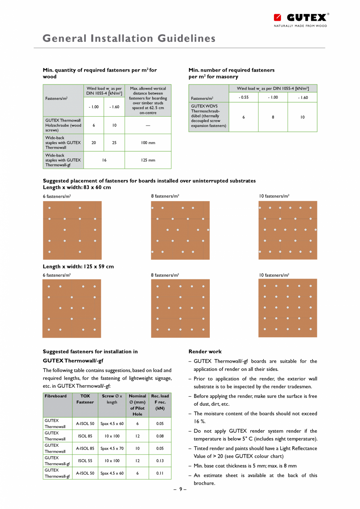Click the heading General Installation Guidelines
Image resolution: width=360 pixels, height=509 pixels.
pos(129,38)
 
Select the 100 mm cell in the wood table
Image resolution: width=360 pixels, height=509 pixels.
pos(148,143)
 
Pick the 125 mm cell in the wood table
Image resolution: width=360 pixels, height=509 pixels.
pos(148,160)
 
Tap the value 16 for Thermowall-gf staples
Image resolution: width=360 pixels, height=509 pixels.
pos(104,160)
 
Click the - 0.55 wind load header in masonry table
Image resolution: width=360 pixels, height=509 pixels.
pos(243,97)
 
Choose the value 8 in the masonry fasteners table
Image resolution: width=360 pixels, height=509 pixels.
pos(273,117)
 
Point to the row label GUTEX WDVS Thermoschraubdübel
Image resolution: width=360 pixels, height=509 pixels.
pos(209,116)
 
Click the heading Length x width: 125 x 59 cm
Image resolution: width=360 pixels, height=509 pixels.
pos(78,267)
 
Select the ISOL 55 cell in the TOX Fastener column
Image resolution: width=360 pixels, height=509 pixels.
pos(85,461)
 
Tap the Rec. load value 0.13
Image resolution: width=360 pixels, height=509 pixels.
pos(160,461)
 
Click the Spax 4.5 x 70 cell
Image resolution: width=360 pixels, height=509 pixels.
pos(112,448)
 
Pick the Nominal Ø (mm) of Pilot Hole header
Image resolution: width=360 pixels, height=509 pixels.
pos(137,405)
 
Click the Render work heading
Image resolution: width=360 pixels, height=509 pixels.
pos(205,351)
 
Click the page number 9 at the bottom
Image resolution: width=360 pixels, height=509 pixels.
pos(180,489)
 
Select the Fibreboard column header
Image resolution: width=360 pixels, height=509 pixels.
pos(56,396)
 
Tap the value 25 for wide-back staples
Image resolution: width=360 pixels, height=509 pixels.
pos(114,143)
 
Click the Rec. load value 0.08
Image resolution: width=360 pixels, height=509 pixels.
pos(160,436)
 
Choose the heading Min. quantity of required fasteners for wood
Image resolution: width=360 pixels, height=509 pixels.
pos(100,73)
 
